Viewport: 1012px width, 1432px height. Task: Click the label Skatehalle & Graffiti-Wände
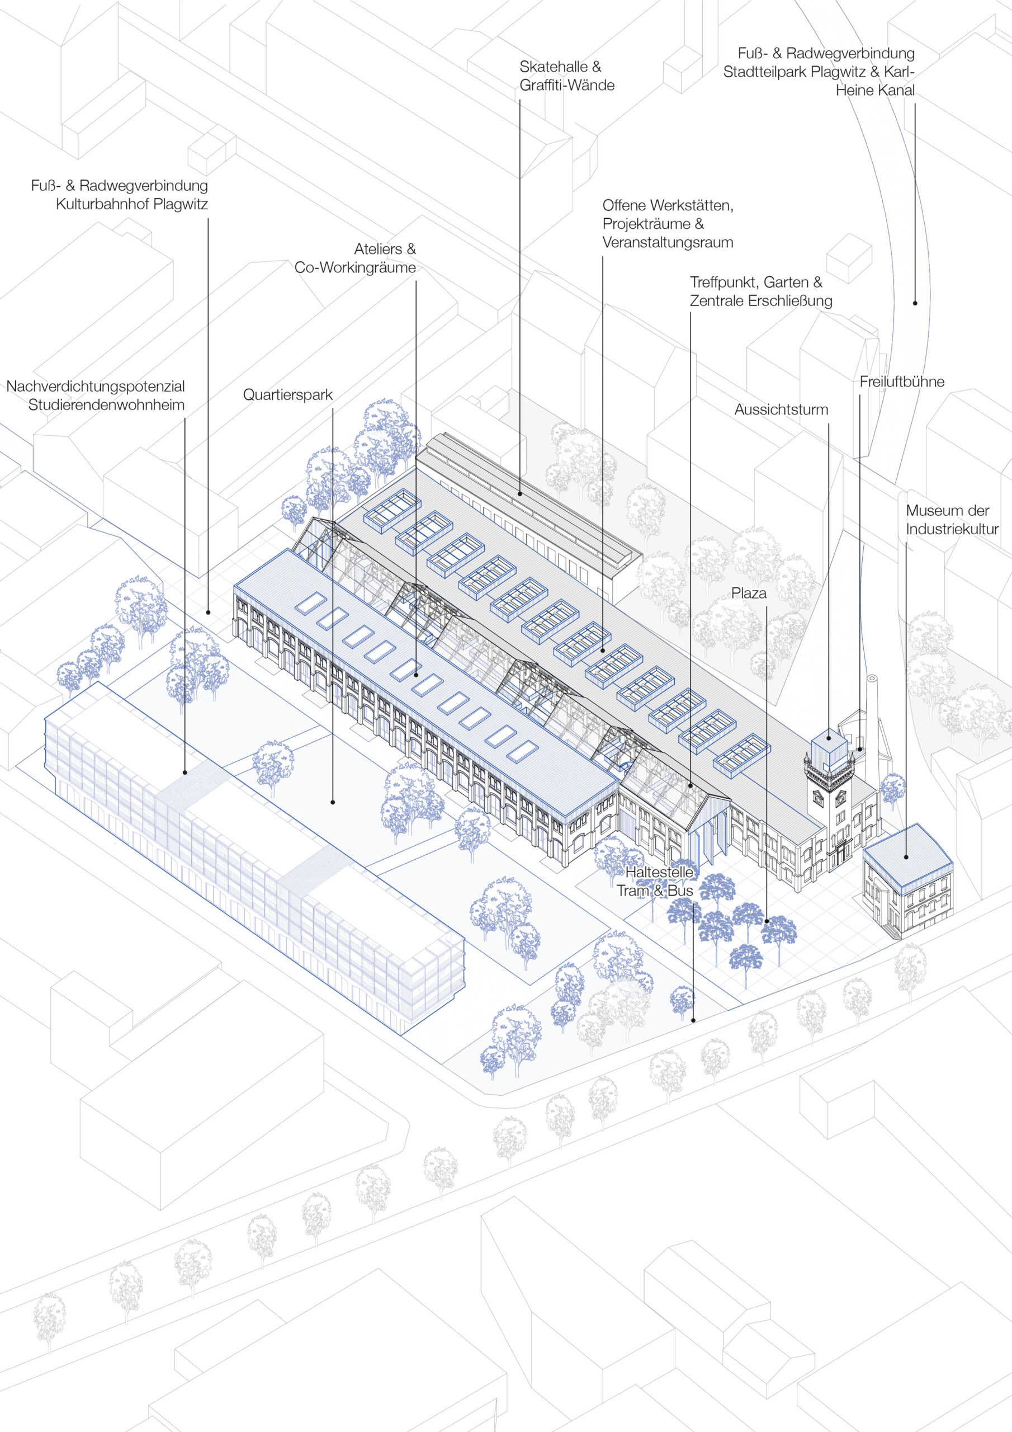566,76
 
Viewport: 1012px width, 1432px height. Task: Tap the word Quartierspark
287,395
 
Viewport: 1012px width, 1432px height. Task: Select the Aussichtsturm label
781,410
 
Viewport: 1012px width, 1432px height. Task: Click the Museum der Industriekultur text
951,520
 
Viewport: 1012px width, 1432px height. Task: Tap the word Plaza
748,593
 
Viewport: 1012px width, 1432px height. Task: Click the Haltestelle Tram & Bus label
655,881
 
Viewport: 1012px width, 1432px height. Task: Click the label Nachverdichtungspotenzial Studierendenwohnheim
96,395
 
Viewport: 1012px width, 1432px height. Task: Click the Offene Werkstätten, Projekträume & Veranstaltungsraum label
667,223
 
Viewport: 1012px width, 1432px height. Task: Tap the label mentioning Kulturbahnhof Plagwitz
120,195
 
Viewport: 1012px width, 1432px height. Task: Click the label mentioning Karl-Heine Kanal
819,72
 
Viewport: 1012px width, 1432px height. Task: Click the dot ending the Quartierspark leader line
333,802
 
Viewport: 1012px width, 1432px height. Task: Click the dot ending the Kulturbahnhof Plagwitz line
207,613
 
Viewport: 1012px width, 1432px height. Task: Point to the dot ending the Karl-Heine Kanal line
915,303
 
